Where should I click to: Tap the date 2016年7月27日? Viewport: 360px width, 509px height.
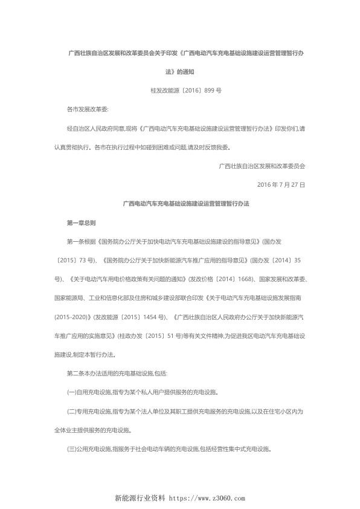281,184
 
